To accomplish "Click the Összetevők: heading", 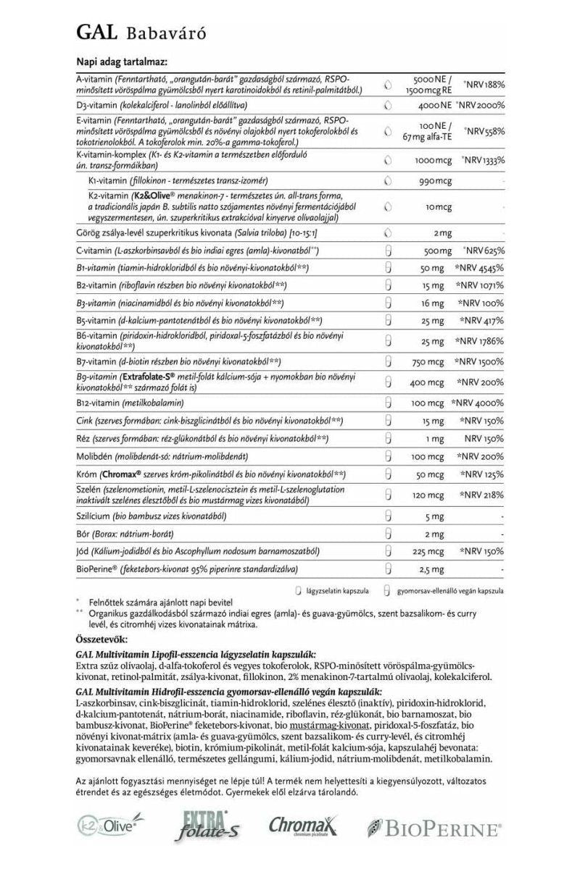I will click(x=101, y=640).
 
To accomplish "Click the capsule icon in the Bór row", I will click(x=388, y=534).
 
